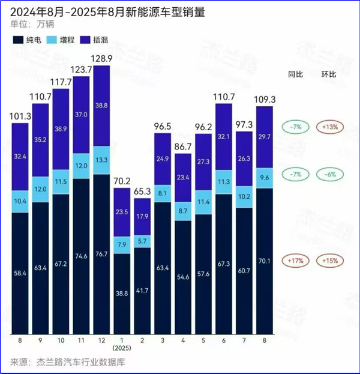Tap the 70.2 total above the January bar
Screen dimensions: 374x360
[x=122, y=181]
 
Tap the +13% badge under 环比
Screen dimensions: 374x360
[x=328, y=127]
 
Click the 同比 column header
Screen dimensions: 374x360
[x=294, y=75]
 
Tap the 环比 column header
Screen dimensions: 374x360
[x=328, y=75]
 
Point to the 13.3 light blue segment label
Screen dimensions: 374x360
[x=102, y=160]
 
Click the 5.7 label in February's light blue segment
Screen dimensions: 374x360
[x=143, y=224]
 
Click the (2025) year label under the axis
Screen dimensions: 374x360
[x=122, y=348]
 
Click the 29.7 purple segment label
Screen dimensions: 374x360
[x=265, y=137]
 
